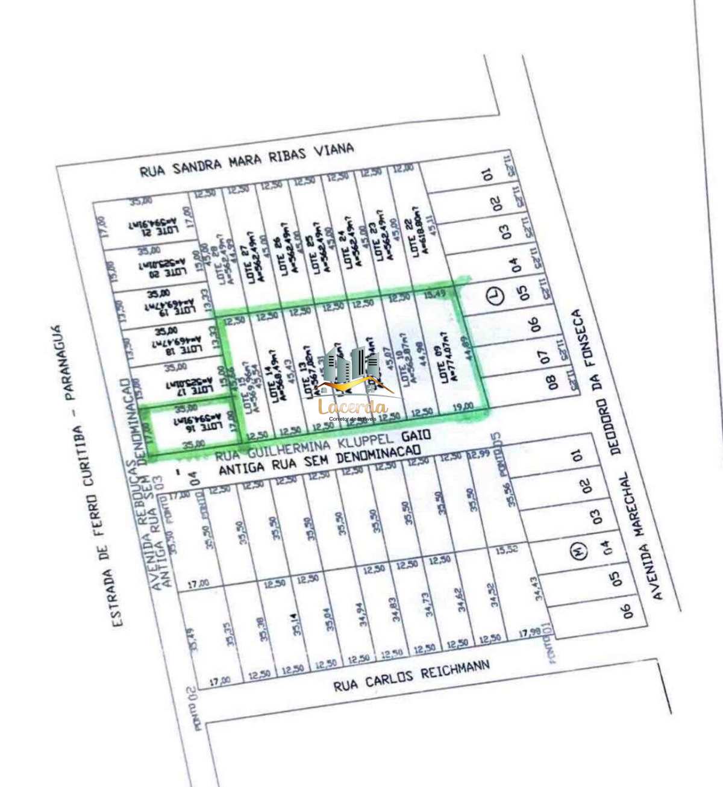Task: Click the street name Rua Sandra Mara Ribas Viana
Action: click(x=246, y=160)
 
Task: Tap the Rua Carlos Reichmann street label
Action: click(x=412, y=676)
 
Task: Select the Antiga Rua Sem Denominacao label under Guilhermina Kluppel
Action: click(x=319, y=461)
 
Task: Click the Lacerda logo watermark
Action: click(x=352, y=386)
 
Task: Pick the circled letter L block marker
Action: click(x=495, y=296)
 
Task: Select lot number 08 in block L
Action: click(x=552, y=382)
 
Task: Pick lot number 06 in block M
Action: click(x=627, y=610)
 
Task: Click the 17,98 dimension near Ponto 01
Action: click(x=530, y=633)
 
